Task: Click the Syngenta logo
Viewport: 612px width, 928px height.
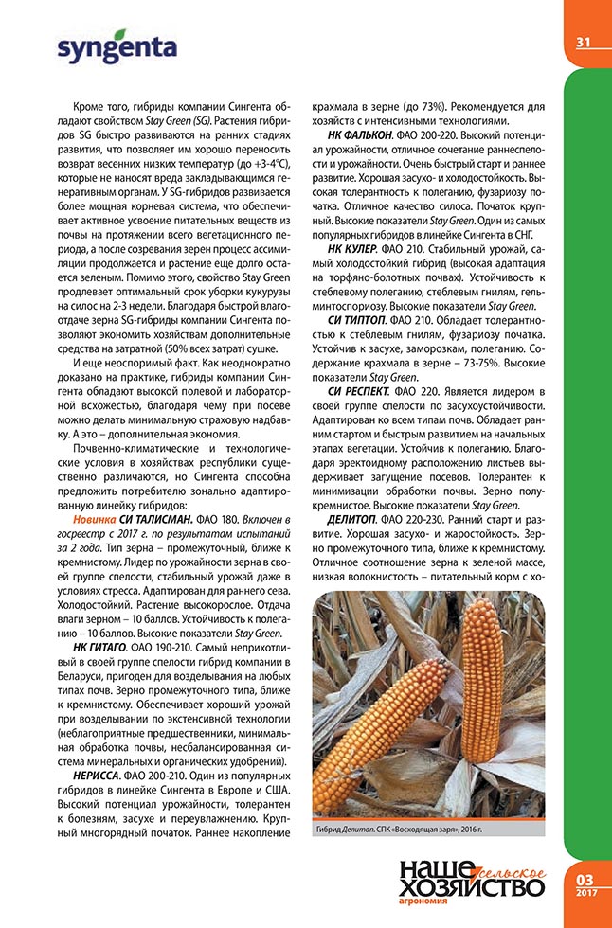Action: (x=117, y=50)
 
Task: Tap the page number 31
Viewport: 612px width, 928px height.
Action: (x=583, y=42)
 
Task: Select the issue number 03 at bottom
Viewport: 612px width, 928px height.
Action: (x=585, y=880)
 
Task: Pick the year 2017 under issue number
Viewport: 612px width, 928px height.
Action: (x=585, y=893)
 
